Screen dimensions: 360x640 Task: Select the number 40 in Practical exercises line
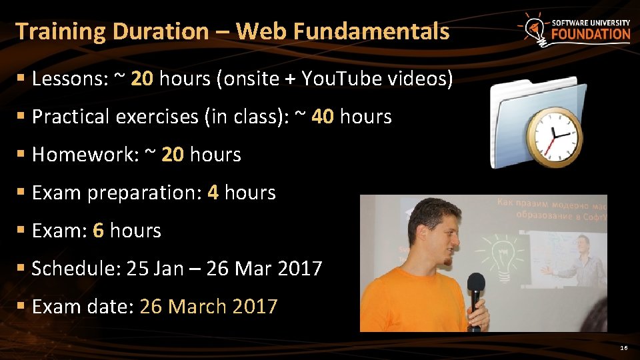pyautogui.click(x=323, y=117)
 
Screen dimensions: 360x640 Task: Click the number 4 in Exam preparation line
pyautogui.click(x=213, y=193)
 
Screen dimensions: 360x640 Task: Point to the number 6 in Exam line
pyautogui.click(x=98, y=231)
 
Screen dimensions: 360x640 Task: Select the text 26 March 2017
pyautogui.click(x=208, y=307)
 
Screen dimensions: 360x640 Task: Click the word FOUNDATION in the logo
pyautogui.click(x=591, y=34)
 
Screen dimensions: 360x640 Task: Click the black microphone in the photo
pyautogui.click(x=475, y=293)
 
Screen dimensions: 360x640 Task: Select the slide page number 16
pyautogui.click(x=623, y=348)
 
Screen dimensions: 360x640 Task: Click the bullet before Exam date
pyautogui.click(x=22, y=306)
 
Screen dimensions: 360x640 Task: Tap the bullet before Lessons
pyautogui.click(x=22, y=79)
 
